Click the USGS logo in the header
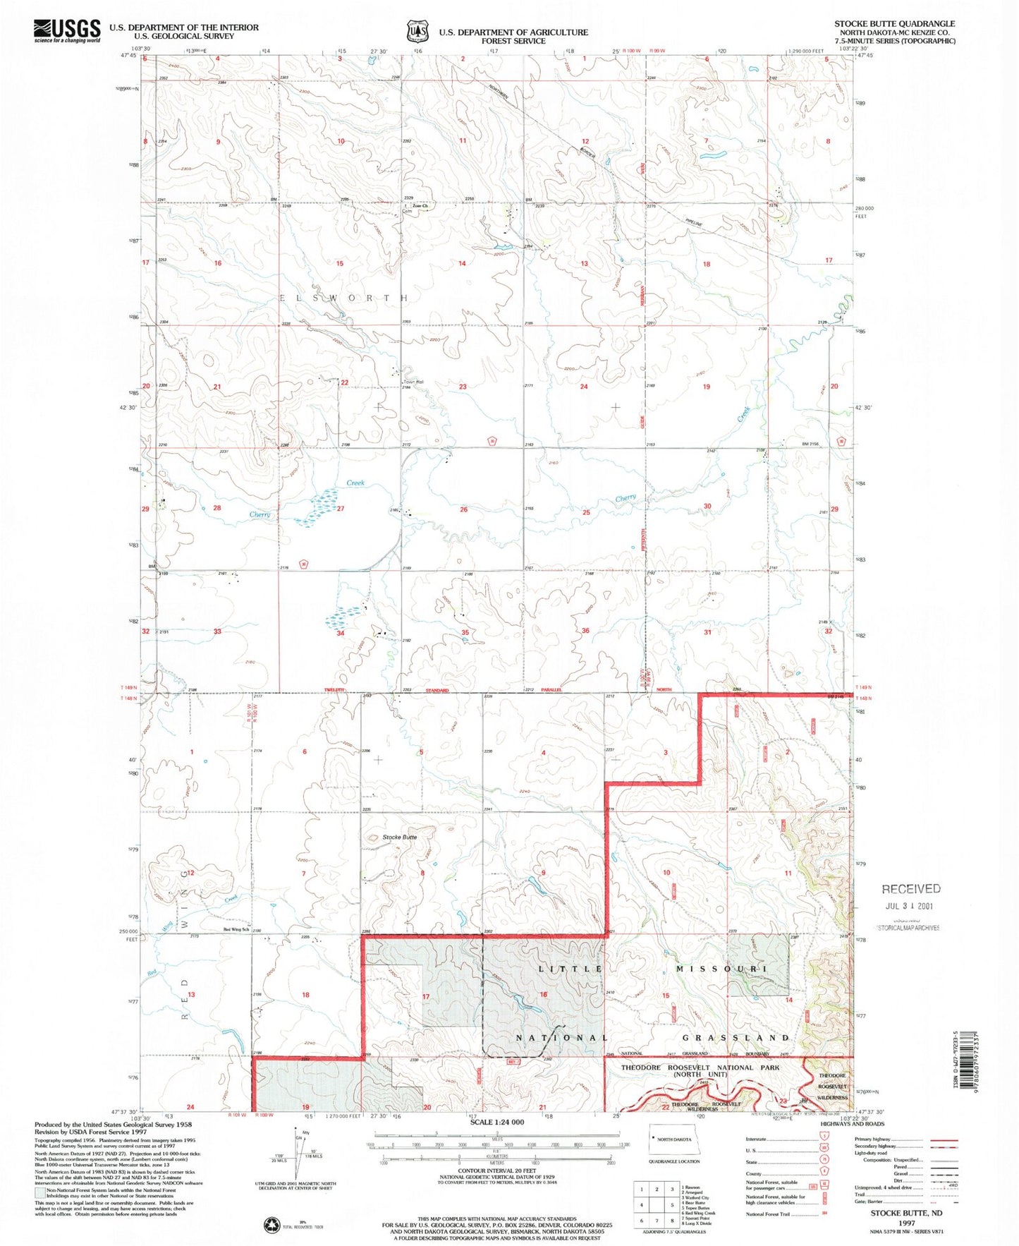[67, 30]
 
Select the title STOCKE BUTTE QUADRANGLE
[894, 24]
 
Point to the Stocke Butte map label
[399, 837]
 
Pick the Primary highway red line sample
[944, 1139]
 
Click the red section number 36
[585, 631]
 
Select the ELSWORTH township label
[344, 298]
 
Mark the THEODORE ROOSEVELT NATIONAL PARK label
[700, 1067]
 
